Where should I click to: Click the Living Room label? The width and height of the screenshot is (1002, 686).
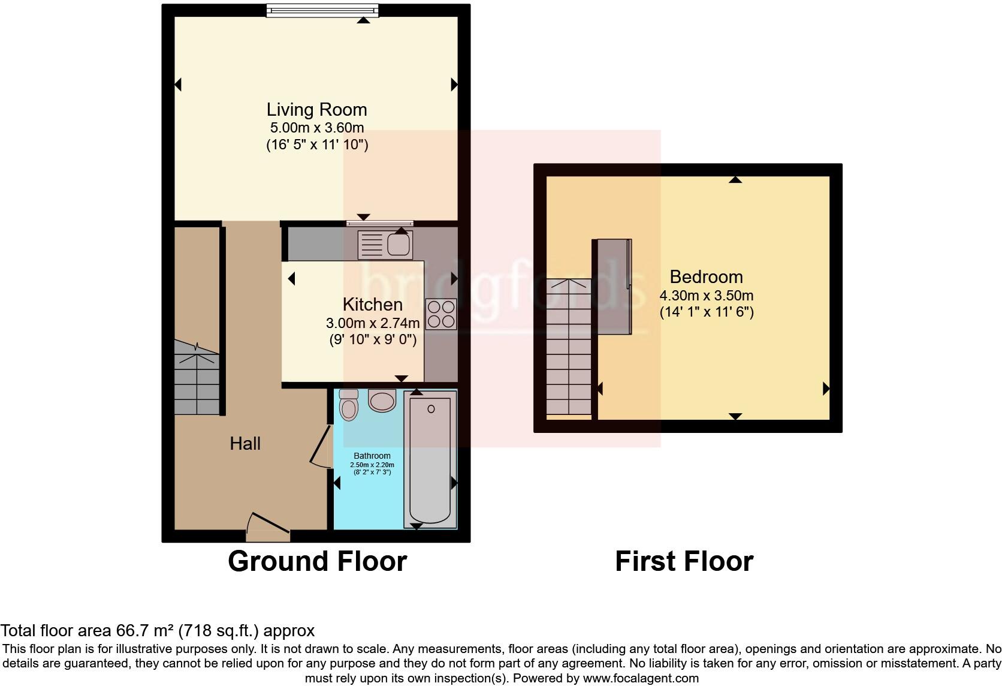click(x=316, y=110)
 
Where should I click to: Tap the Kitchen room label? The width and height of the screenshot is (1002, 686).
click(x=372, y=304)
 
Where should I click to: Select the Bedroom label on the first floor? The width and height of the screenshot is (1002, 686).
click(x=706, y=277)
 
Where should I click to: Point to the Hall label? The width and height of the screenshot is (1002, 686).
click(x=245, y=444)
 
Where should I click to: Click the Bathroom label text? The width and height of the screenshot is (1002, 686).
click(x=372, y=456)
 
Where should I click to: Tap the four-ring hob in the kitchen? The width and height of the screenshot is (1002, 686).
click(x=441, y=314)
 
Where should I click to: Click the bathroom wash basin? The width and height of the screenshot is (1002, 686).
click(x=382, y=401)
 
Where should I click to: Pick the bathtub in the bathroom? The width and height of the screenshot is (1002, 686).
click(x=430, y=459)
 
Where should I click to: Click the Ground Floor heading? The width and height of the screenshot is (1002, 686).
click(x=317, y=561)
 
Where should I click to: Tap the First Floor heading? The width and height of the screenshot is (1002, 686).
click(x=684, y=561)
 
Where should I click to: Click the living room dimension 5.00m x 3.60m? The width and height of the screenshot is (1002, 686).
click(x=316, y=128)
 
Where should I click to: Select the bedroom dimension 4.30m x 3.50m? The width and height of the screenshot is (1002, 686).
click(x=706, y=296)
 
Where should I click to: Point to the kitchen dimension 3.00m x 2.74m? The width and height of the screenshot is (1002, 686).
click(x=372, y=323)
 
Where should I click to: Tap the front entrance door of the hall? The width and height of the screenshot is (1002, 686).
click(x=268, y=523)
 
